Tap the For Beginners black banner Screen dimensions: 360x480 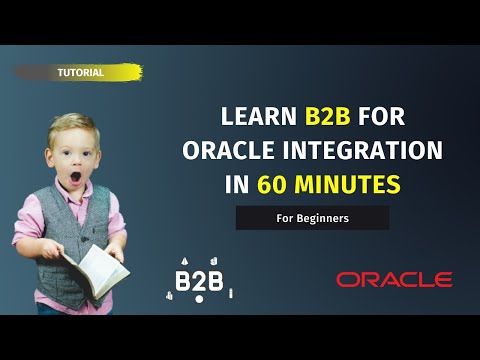coord(312,218)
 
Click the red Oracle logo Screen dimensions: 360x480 coord(394,280)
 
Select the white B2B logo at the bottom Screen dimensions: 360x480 coord(199,277)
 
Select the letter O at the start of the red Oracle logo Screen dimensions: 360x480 coord(347,280)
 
